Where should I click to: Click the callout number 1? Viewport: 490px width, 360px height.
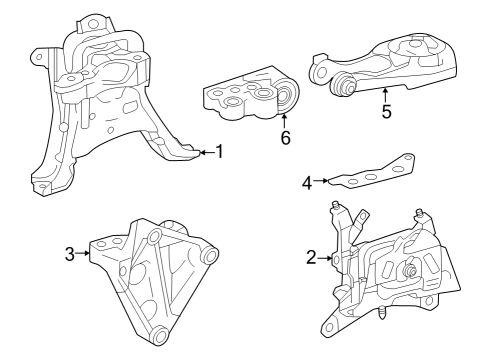pos(219,152)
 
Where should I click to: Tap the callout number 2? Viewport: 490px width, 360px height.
pos(311,258)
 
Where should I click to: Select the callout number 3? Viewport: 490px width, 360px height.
pos(70,254)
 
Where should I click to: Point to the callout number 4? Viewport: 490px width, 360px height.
pos(308,182)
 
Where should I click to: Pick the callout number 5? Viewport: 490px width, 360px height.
pos(386,111)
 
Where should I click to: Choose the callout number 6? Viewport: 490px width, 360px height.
pos(286,138)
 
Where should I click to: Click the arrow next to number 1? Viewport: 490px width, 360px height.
pos(205,152)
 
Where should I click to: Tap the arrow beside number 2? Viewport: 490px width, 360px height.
pos(325,258)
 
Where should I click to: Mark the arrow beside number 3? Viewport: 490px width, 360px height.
pos(84,254)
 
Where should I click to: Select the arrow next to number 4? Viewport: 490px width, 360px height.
pos(322,182)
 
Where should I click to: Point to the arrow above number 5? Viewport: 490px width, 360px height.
pos(386,94)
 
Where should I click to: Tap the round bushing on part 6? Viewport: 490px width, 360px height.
pos(284,99)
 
